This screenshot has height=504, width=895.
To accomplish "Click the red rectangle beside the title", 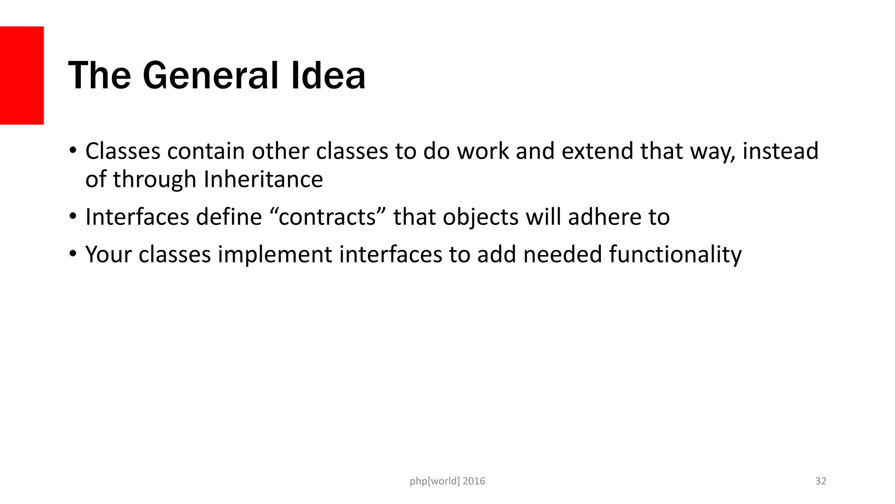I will point(22,75).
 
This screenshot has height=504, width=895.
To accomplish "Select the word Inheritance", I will point(263,179).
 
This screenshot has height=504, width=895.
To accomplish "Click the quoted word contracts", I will point(327,217).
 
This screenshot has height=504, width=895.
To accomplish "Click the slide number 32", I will point(821,481).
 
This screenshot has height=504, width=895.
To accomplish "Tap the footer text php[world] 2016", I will point(447,481).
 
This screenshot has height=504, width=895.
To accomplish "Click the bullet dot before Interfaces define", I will point(73,216).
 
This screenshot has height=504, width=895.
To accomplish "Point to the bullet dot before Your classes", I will point(73,254).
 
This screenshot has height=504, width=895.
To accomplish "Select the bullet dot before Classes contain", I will point(73,150).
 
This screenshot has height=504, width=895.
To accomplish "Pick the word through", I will point(154,179).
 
